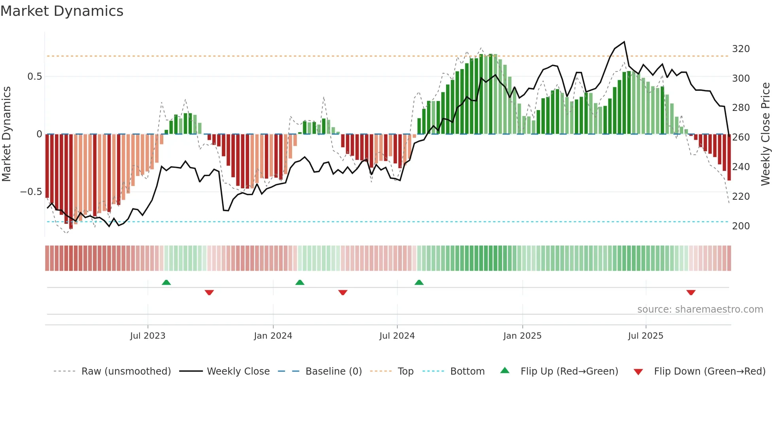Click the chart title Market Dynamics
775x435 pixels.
pos(62,11)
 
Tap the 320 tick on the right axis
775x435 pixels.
pos(741,49)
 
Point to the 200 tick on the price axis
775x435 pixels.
pos(741,226)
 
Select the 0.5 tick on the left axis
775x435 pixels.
pos(34,77)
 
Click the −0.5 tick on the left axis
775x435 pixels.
pos(31,192)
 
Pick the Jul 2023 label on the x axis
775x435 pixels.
pos(147,336)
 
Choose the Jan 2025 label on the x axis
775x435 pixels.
pos(522,336)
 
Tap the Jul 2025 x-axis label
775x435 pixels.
pos(645,336)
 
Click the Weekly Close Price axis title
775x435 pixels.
pos(766,134)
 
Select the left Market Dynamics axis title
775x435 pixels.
pos(6,134)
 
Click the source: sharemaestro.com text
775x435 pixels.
pos(700,309)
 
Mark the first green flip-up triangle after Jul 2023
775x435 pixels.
pos(166,282)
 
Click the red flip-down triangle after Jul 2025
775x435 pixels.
pos(691,292)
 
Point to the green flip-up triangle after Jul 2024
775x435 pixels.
pos(419,282)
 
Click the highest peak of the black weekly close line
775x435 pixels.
pos(624,42)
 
